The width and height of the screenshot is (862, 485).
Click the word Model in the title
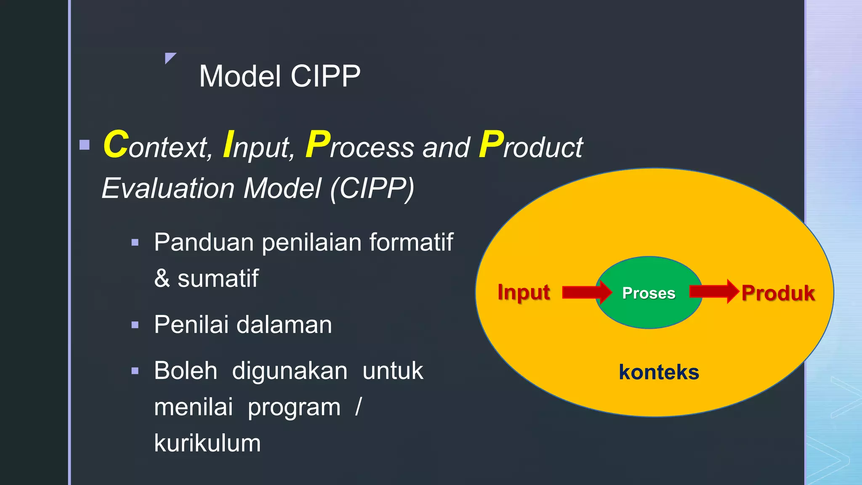tap(240, 76)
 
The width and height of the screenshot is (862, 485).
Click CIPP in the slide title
tap(325, 76)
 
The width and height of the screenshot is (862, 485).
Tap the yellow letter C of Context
tap(116, 144)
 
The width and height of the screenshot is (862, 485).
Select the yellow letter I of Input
tap(228, 144)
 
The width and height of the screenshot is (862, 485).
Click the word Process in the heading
tap(360, 146)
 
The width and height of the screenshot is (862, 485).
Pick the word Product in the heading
tap(531, 146)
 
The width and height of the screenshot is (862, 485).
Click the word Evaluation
tap(168, 188)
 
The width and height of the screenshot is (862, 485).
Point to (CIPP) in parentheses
tap(372, 188)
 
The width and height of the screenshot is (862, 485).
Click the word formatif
tap(411, 242)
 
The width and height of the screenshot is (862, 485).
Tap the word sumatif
tap(218, 279)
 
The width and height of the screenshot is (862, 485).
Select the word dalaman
tap(284, 325)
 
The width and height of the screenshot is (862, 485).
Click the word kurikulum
tap(207, 443)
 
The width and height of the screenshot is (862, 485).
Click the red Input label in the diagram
tap(523, 292)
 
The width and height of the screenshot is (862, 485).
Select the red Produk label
tap(778, 293)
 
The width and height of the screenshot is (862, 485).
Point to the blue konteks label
tap(659, 372)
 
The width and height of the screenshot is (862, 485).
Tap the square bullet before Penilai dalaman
tap(135, 325)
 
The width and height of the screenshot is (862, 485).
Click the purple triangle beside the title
tap(170, 57)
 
